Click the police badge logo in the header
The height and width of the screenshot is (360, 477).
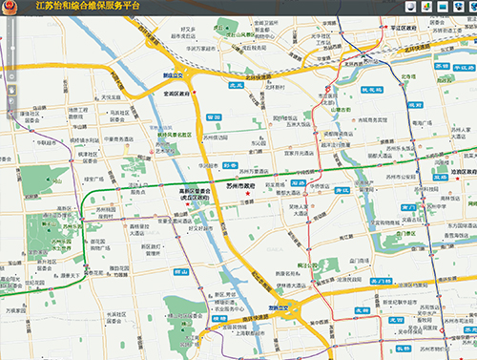tap(10, 9)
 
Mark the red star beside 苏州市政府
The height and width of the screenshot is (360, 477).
tap(247, 195)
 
